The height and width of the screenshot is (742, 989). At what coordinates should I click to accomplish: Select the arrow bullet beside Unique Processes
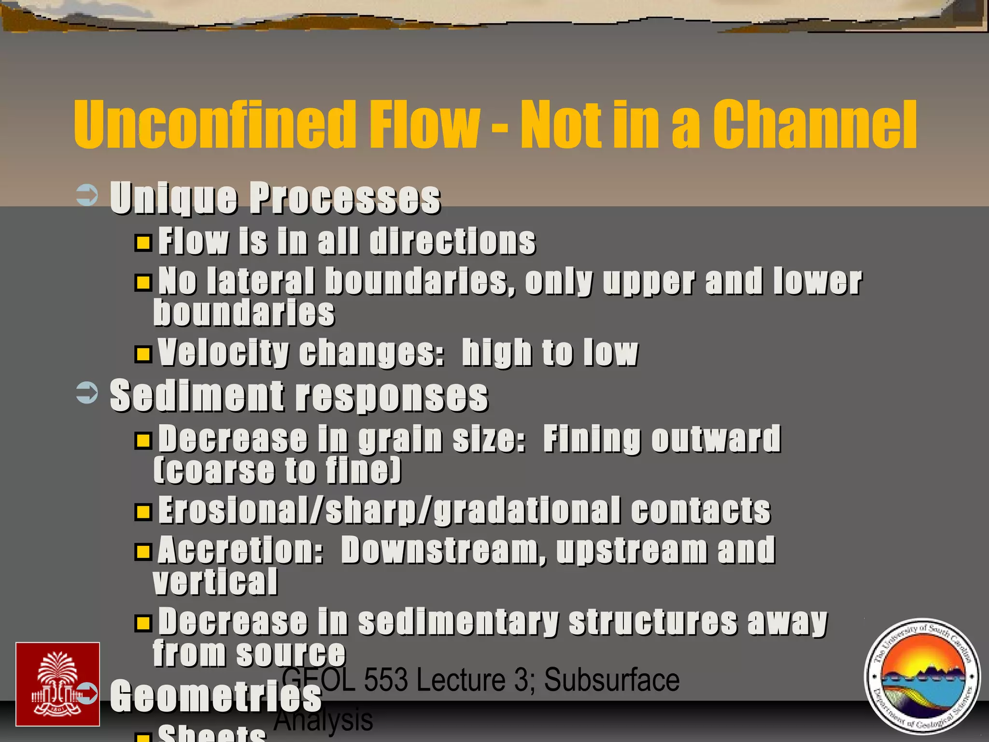coord(87,196)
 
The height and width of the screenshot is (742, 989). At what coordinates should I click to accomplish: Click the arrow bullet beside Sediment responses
coord(87,393)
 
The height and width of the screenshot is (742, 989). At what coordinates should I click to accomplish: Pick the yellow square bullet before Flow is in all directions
coord(143,242)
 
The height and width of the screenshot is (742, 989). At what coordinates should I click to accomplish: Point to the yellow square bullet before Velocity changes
coord(143,354)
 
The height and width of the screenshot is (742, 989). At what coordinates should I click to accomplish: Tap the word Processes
coord(345,198)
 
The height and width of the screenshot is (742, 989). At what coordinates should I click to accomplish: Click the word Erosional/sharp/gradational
coord(389,510)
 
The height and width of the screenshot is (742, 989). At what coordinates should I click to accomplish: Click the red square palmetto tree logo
coord(57,684)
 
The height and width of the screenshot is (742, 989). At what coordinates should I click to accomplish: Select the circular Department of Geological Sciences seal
coord(922,676)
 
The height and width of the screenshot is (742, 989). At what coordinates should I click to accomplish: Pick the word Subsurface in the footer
coord(612,680)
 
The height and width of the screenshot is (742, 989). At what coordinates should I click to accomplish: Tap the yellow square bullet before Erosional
coord(143,512)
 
